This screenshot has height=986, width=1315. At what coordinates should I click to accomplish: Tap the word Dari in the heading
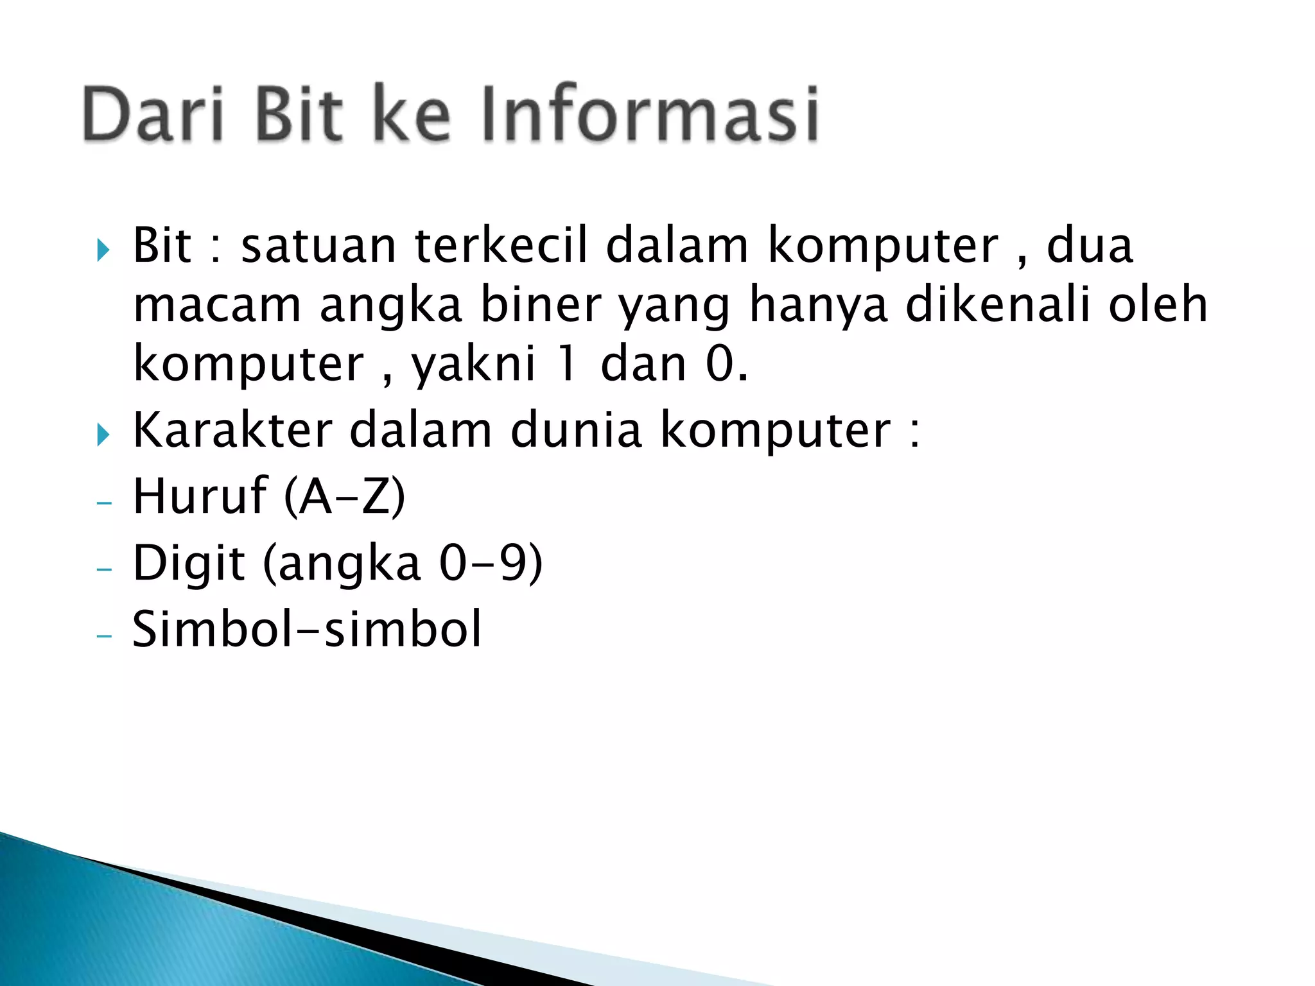153,114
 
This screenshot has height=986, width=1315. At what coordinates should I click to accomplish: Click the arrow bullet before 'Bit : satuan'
103,250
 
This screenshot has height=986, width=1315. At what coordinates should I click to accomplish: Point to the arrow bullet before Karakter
103,435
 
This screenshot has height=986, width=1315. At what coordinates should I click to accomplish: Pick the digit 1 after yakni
567,364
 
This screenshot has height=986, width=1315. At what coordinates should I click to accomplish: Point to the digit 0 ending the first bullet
720,364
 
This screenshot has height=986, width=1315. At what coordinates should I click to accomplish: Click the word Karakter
232,430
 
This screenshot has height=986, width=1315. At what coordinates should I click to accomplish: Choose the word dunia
576,430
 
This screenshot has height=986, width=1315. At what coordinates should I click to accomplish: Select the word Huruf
200,496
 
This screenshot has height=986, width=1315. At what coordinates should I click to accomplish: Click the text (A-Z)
345,497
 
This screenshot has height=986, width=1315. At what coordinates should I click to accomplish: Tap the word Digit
189,564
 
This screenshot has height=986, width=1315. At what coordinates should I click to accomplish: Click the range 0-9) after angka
491,564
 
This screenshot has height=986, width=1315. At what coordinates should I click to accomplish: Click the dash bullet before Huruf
103,503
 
